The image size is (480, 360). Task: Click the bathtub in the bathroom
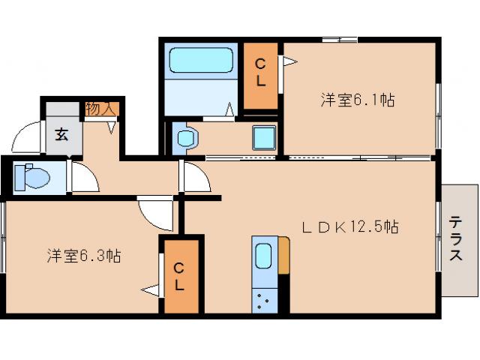202,59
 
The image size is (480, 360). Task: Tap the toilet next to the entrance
32,177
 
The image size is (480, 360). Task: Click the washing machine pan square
262,139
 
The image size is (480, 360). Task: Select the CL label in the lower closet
180,276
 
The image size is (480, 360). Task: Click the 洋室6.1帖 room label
358,99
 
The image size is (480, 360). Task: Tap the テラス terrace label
456,238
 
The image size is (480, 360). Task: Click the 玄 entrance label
58,136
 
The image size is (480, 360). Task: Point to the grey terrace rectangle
459,240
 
